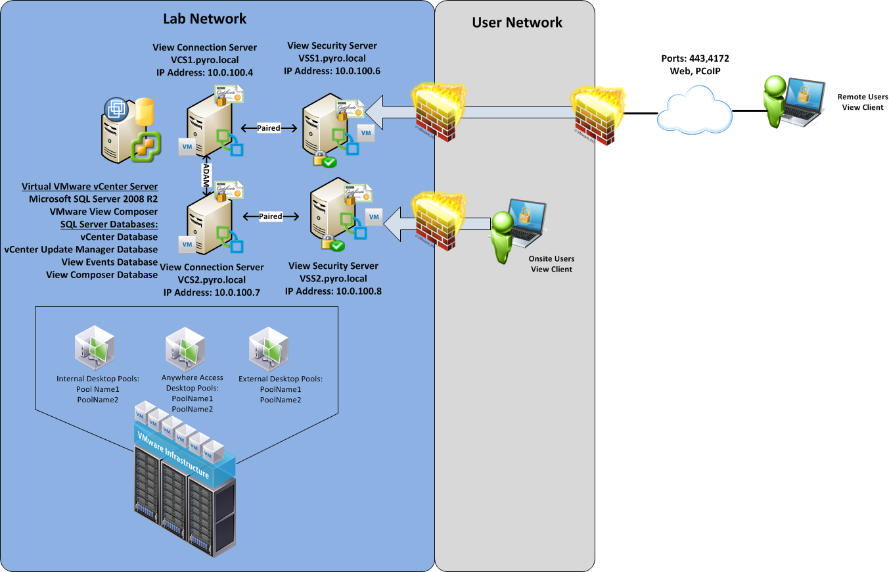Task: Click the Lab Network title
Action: (x=204, y=18)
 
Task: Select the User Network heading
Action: (x=517, y=22)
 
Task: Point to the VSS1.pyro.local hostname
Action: (x=332, y=58)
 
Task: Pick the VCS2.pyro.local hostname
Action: (x=212, y=279)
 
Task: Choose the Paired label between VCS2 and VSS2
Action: (x=270, y=216)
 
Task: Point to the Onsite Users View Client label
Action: (x=551, y=264)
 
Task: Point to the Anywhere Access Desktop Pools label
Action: (x=193, y=393)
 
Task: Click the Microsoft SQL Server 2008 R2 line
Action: (x=93, y=199)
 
